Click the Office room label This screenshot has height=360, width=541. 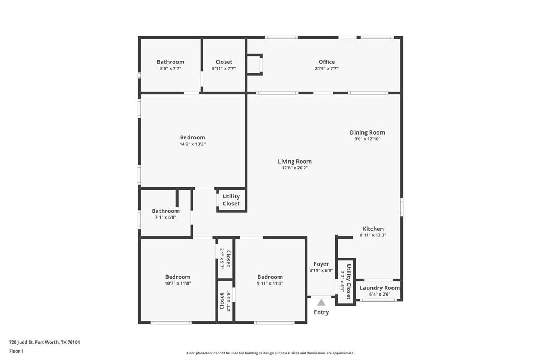click(327, 62)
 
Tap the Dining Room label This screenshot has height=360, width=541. click(367, 133)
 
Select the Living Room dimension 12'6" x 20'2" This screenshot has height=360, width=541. click(295, 168)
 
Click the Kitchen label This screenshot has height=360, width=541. click(373, 229)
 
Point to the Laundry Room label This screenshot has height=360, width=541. click(380, 288)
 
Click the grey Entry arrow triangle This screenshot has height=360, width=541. click(321, 302)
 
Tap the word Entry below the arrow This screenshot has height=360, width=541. click(321, 312)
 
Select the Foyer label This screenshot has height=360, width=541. click(321, 264)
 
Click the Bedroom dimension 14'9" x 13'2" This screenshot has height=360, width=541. click(192, 144)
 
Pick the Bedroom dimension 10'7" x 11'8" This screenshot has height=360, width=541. click(178, 283)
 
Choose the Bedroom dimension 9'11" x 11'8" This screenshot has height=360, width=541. click(270, 283)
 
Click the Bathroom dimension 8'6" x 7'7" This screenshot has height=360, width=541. click(171, 69)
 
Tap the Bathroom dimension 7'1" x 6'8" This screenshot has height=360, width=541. click(165, 217)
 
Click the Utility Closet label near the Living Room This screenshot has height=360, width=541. click(231, 200)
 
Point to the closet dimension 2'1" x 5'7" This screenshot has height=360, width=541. click(222, 259)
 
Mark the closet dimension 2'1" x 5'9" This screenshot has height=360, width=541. click(228, 301)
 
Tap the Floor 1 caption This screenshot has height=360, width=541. click(16, 352)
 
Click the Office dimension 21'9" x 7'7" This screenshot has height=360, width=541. click(327, 69)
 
